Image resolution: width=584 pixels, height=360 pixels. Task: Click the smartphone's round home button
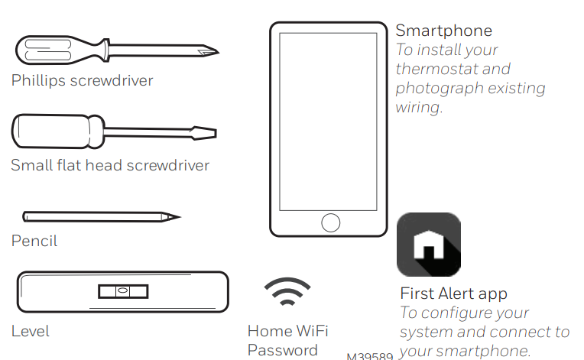tap(330, 222)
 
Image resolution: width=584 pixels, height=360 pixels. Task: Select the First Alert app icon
tap(428, 244)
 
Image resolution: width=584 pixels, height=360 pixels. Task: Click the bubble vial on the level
tap(122, 292)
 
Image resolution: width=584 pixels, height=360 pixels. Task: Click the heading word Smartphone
tap(443, 31)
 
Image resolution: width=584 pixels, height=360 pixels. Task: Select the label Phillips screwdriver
tap(82, 80)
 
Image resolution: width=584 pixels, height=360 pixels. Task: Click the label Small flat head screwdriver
tap(109, 165)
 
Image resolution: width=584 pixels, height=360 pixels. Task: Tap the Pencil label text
tap(34, 242)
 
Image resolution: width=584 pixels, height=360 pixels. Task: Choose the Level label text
tap(30, 332)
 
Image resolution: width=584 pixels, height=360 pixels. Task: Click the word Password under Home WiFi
tap(282, 350)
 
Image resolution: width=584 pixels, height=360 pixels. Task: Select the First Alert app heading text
tap(453, 294)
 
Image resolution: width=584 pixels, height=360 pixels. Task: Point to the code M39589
tap(369, 356)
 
